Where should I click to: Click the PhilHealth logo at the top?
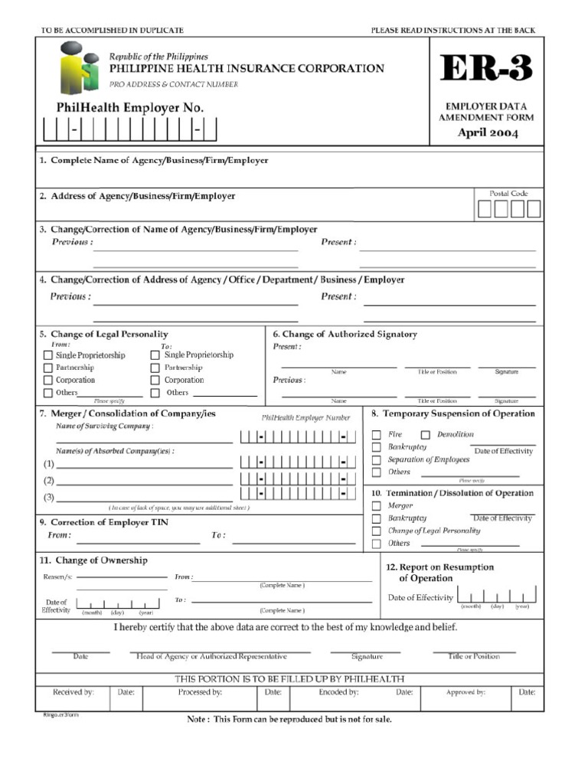[x=80, y=67]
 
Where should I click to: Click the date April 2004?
[x=488, y=133]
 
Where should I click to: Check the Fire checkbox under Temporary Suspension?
[x=376, y=435]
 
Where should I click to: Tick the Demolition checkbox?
[x=426, y=435]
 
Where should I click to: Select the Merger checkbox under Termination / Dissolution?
[x=376, y=506]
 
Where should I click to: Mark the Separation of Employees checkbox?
[x=376, y=460]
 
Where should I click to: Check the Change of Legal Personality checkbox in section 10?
[x=376, y=531]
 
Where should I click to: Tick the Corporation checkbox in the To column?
[x=155, y=381]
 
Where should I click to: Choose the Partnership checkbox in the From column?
[x=48, y=368]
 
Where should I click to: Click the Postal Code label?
[x=508, y=194]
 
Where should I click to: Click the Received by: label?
[x=73, y=692]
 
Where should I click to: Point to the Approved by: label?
[x=465, y=692]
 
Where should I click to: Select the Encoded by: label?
[x=338, y=692]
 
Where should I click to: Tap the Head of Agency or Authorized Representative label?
[x=211, y=656]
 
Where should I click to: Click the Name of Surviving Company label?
[x=104, y=426]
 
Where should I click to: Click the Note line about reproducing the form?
[x=289, y=720]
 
